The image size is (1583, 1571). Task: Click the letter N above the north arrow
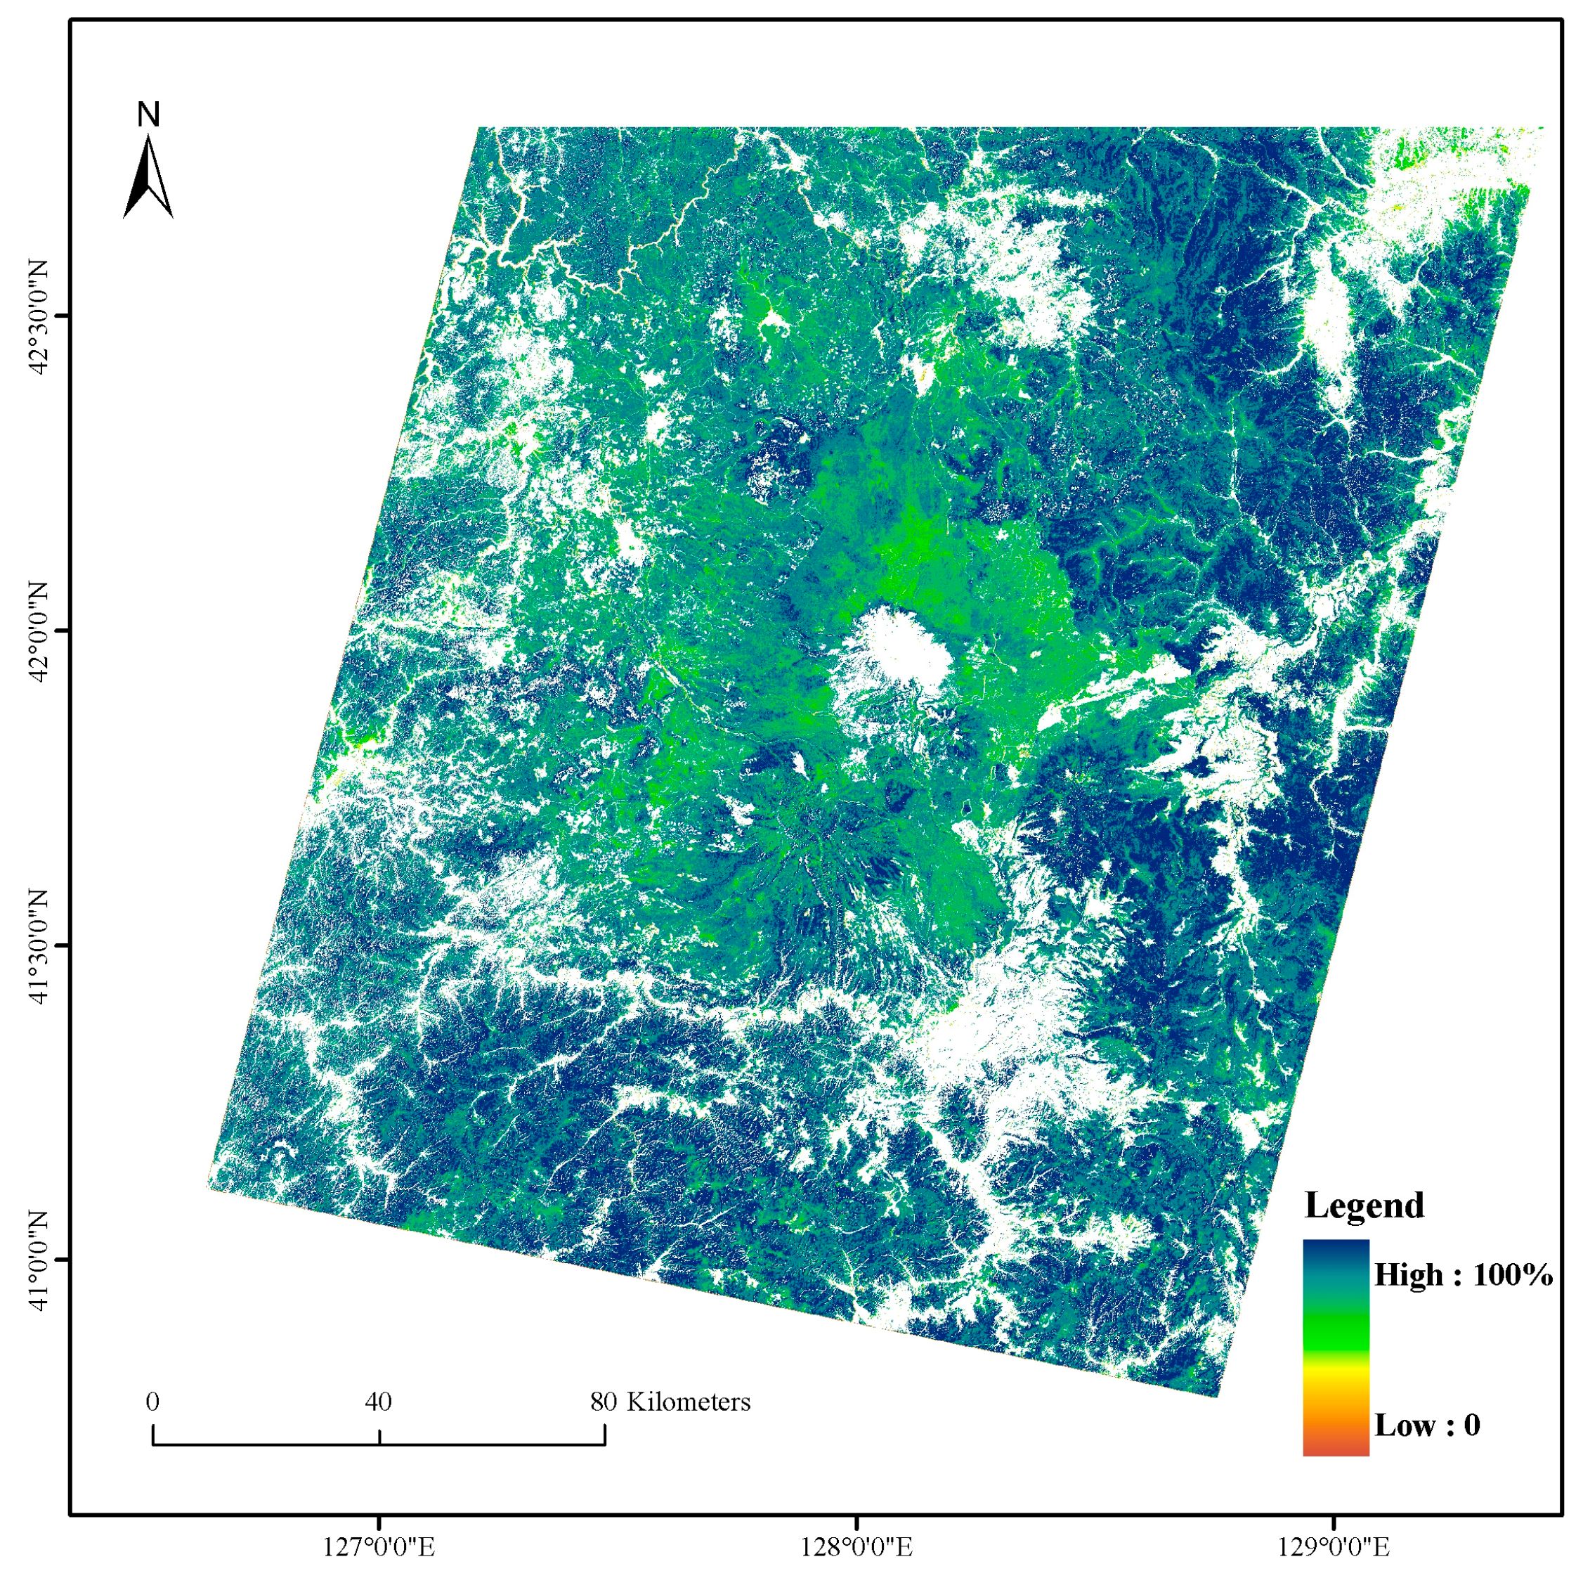(148, 115)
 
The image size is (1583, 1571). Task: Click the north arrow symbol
(148, 178)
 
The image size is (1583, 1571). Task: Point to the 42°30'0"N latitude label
(39, 316)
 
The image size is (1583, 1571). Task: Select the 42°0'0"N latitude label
(39, 631)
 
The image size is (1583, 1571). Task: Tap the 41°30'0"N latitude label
(39, 945)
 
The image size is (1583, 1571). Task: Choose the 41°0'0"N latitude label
(39, 1260)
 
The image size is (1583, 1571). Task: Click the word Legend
(1364, 1205)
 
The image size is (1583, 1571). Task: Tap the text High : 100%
(1464, 1274)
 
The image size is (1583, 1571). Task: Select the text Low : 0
(1427, 1425)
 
